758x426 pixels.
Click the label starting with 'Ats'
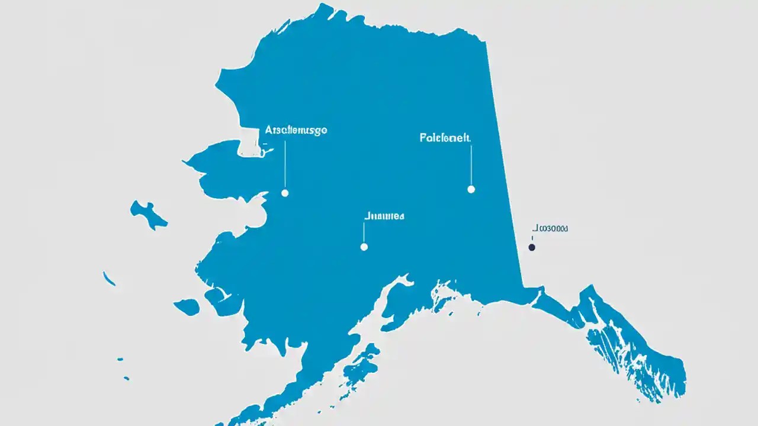(x=296, y=130)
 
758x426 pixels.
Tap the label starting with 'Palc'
(x=445, y=138)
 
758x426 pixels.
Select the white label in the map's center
(x=383, y=217)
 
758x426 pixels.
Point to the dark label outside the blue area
(x=550, y=228)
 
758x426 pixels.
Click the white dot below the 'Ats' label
(x=285, y=193)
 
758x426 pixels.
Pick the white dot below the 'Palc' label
(x=471, y=189)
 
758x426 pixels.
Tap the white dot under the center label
(x=364, y=247)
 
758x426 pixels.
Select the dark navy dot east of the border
(x=532, y=247)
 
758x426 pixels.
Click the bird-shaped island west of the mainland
(x=148, y=214)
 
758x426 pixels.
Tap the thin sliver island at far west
(x=109, y=279)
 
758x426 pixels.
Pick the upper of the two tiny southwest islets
(x=120, y=359)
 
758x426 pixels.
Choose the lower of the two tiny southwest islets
(x=126, y=377)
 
